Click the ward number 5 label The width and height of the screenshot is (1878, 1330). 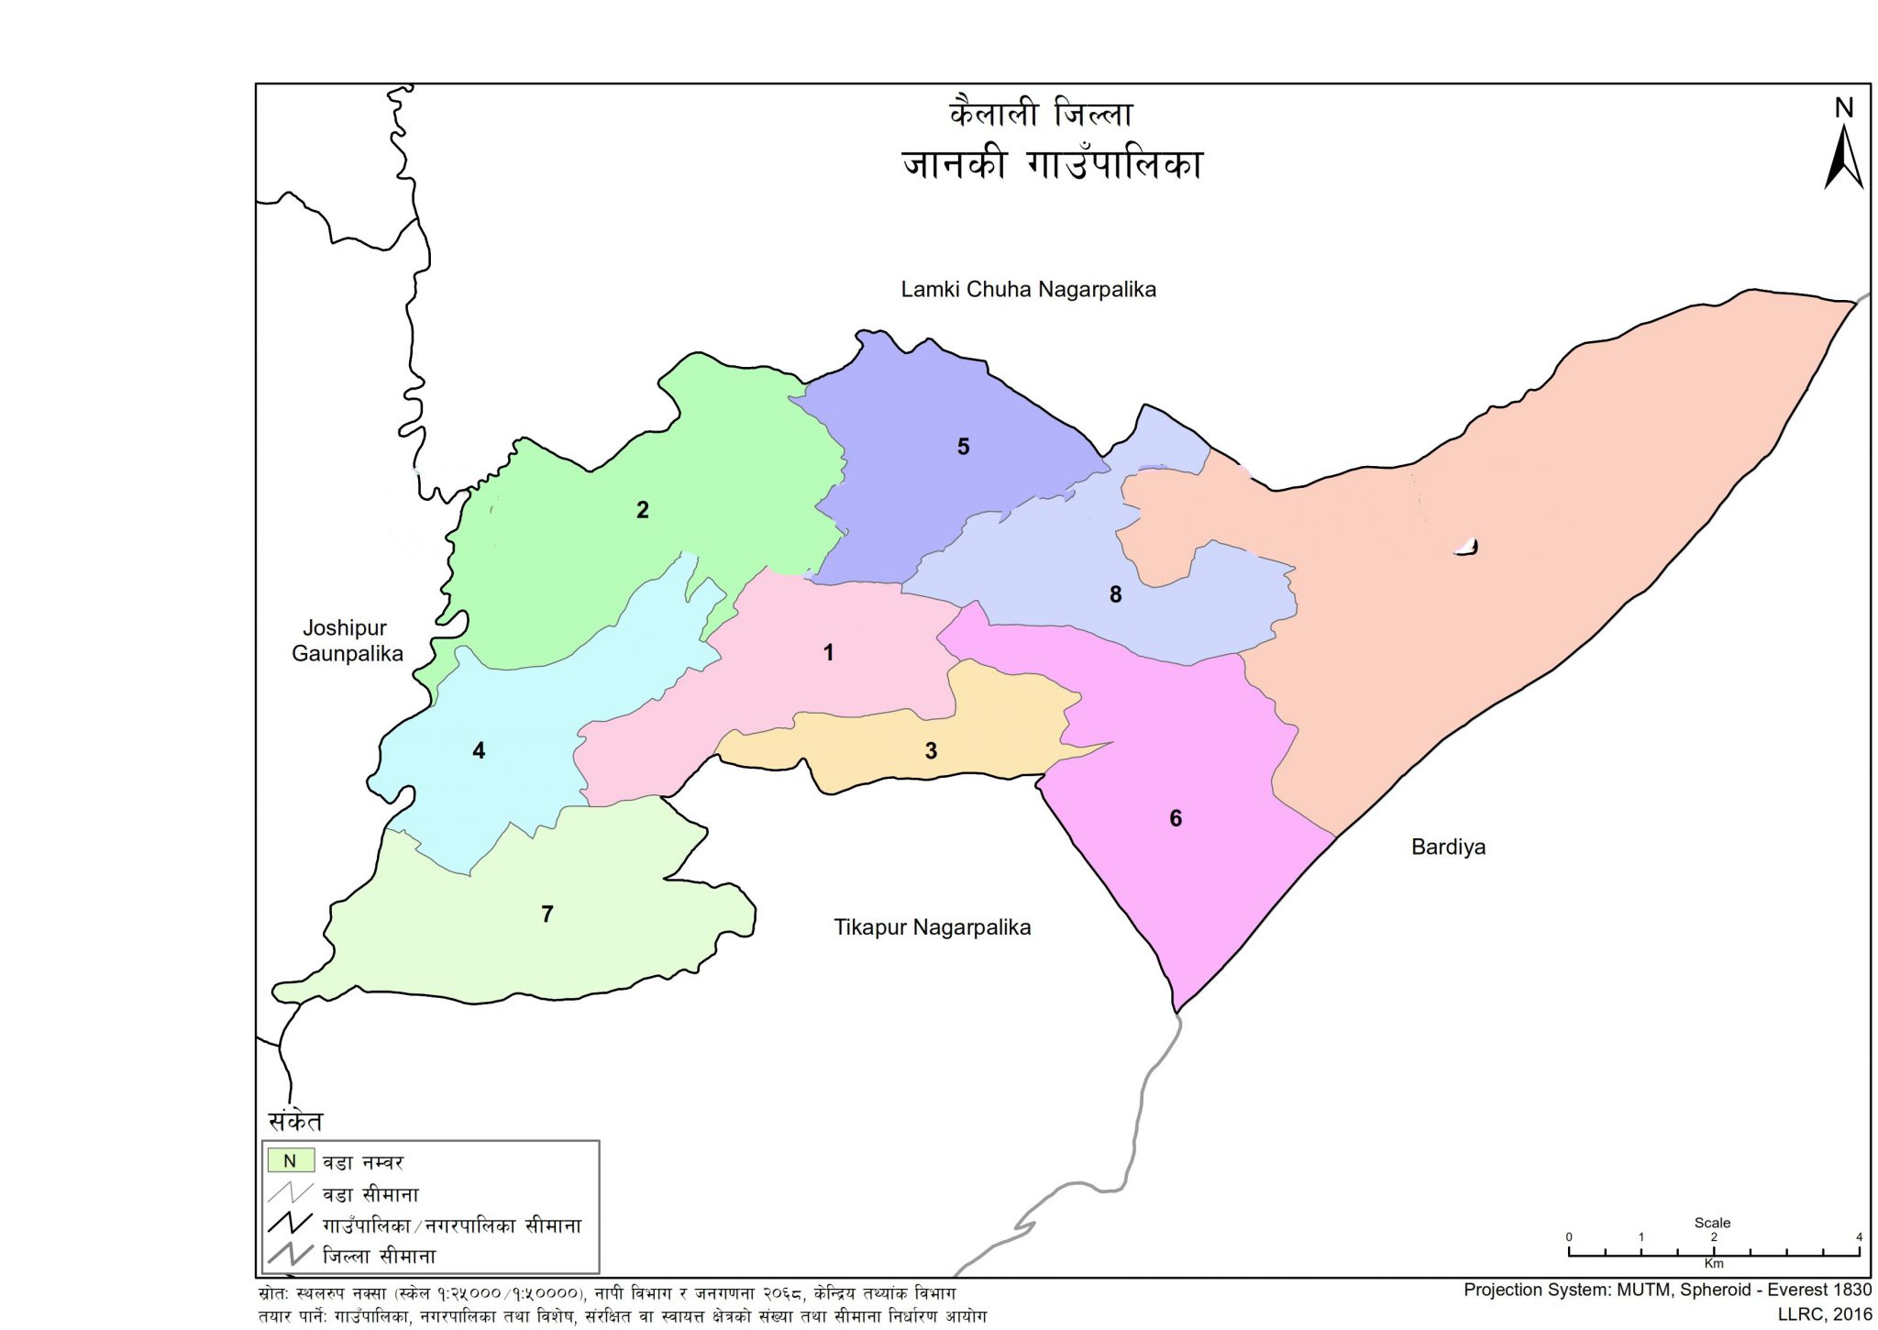pos(963,447)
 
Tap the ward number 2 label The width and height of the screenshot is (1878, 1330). pos(643,510)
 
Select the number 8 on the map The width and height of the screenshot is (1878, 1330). pos(1115,594)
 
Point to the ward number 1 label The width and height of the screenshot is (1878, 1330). pos(828,653)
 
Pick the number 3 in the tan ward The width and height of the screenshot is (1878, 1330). pos(931,751)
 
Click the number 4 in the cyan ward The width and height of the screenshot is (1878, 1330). pos(479,751)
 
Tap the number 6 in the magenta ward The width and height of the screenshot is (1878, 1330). pos(1176,818)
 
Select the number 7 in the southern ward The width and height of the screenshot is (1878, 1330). pos(547,914)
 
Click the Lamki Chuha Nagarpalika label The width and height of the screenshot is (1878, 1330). pos(1028,290)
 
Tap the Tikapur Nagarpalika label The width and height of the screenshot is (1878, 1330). pos(932,927)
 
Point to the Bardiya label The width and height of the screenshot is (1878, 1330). pos(1448,847)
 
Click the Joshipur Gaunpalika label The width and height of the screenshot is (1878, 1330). pos(347,641)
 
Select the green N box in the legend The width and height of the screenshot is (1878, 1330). pos(291,1161)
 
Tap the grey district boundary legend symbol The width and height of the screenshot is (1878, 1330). pos(291,1254)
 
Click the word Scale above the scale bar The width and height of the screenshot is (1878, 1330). pos(1712,1223)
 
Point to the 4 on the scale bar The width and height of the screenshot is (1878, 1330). pos(1859,1237)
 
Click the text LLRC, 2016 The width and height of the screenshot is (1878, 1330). pos(1825,1314)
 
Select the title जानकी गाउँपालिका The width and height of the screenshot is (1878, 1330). pos(1052,165)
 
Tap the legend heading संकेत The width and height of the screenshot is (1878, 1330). pos(295,1121)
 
